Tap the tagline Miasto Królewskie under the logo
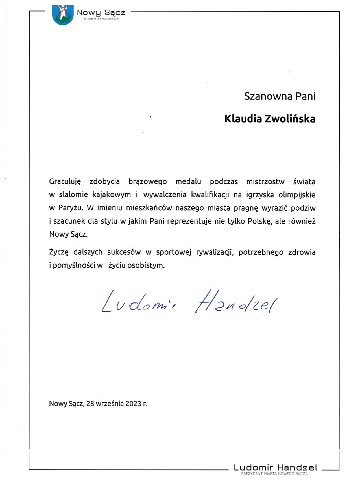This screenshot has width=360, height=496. point(101,19)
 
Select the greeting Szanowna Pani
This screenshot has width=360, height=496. point(280,96)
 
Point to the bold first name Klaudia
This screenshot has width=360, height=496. point(243,119)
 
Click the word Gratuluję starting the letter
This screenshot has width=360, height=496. point(65,182)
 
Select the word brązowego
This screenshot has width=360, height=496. point(147,181)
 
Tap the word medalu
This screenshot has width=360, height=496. point(188,181)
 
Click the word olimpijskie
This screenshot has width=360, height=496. point(297,195)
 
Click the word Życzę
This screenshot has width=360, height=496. point(59,252)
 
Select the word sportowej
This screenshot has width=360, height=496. point(174,252)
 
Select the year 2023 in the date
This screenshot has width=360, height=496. point(133,404)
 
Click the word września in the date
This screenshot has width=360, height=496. point(110,404)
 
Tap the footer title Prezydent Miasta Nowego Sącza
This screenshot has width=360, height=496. point(274,473)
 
